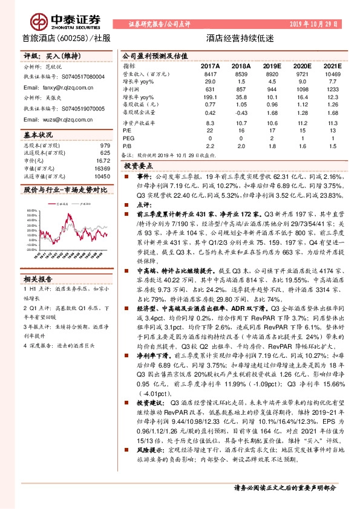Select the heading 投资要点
click(138, 165)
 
